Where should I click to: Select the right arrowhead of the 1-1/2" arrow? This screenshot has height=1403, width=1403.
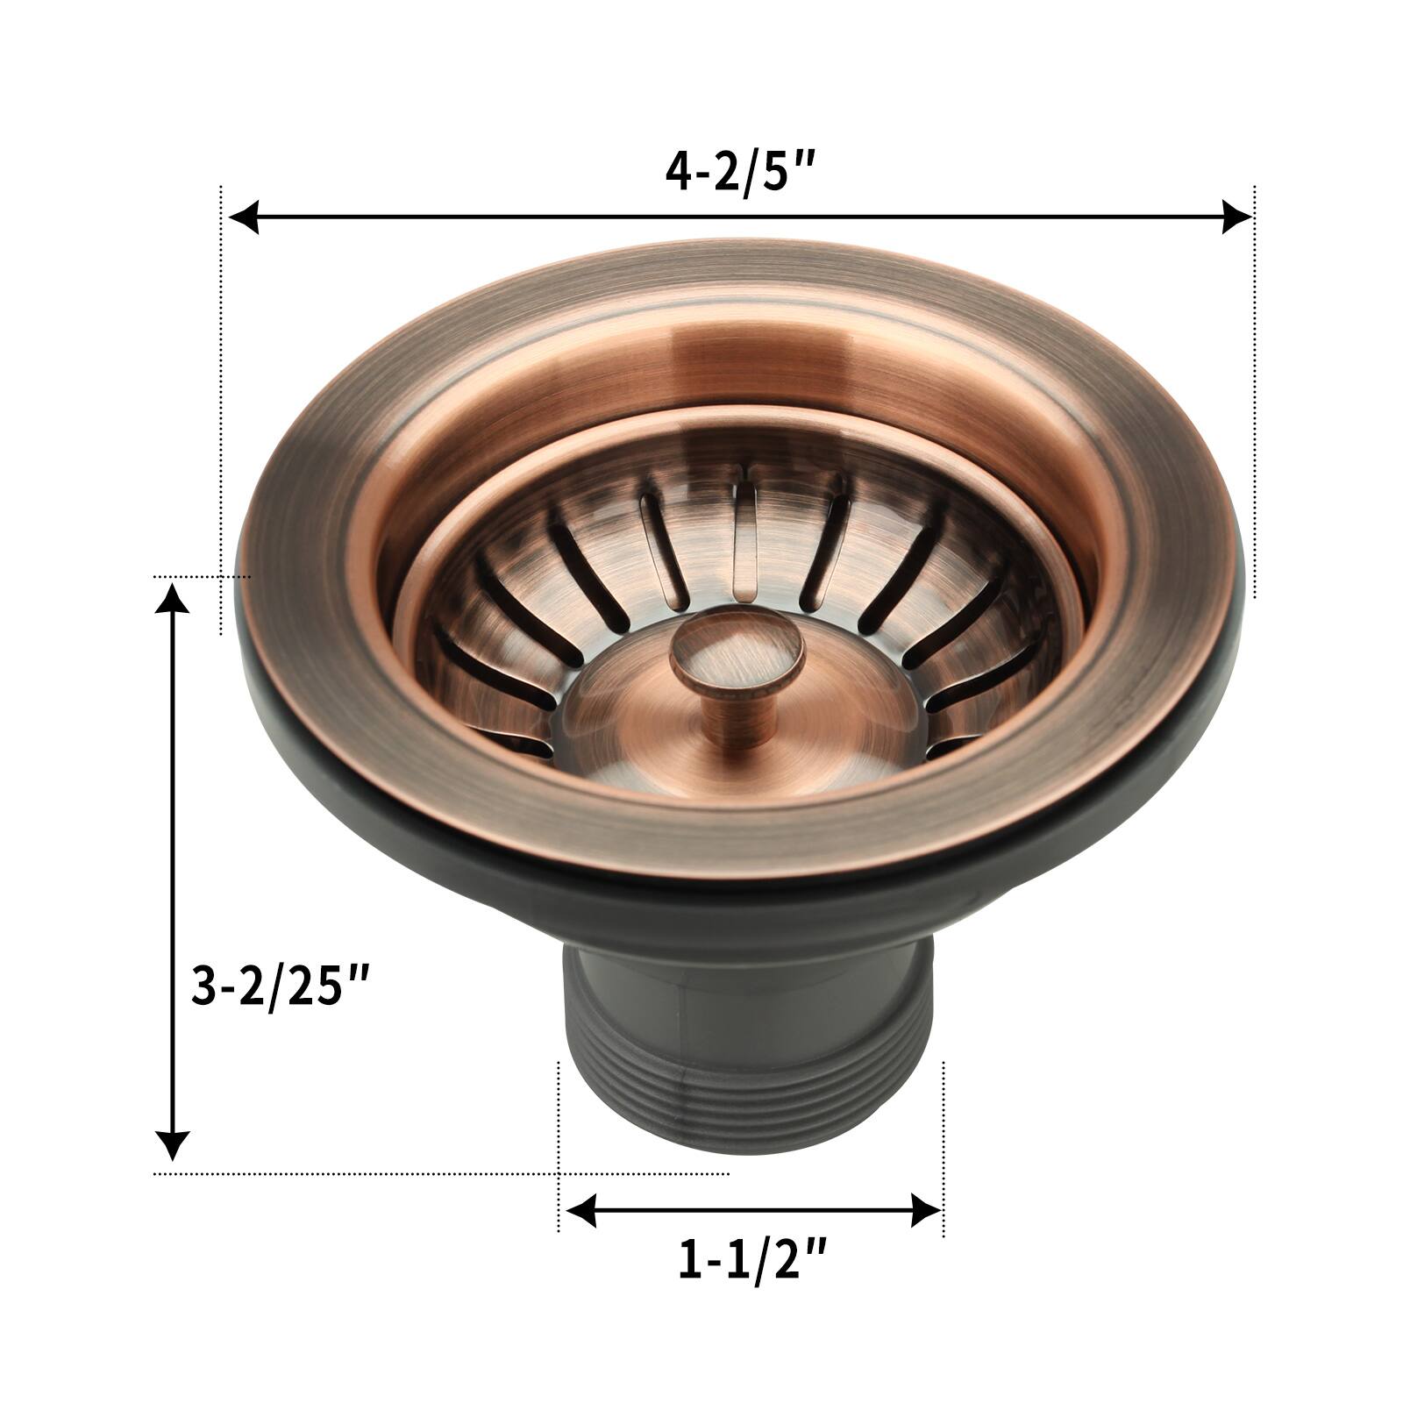[x=926, y=1211]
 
